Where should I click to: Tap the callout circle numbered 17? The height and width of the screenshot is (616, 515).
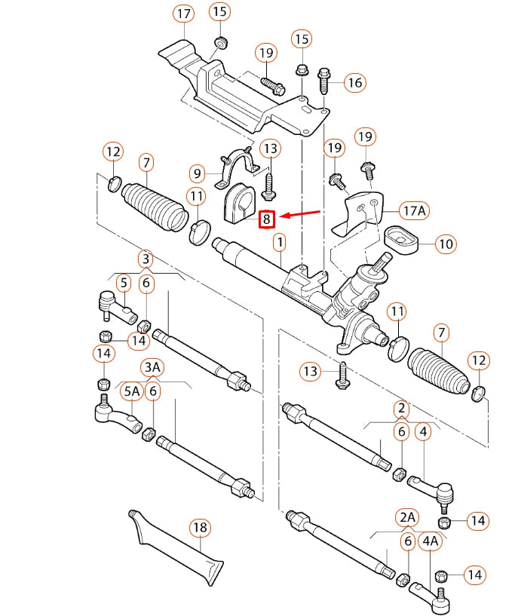(183, 14)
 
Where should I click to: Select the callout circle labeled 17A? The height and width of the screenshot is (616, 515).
(412, 211)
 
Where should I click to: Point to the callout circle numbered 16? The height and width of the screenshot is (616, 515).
(355, 83)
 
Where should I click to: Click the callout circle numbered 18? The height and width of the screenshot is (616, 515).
(199, 528)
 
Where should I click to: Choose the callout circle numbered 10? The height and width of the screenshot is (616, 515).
(446, 244)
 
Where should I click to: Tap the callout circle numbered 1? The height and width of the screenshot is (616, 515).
(280, 243)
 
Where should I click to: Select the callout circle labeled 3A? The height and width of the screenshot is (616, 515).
(152, 367)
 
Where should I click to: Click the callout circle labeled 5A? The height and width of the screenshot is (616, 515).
(131, 391)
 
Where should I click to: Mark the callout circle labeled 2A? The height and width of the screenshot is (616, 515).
(407, 516)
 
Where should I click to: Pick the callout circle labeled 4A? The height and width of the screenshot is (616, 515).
(430, 541)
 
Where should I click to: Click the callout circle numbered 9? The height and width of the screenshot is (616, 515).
(198, 173)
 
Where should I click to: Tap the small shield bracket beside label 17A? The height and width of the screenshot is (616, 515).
(354, 215)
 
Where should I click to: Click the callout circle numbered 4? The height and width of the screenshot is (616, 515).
(424, 432)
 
